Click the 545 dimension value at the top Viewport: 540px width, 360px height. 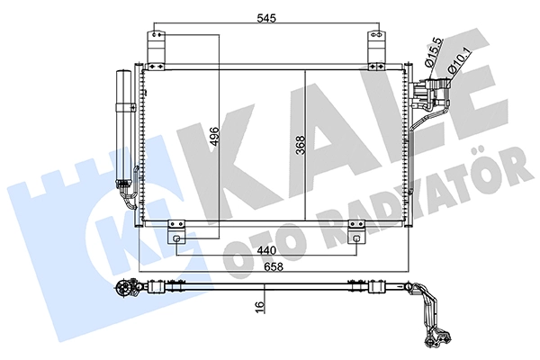pyautogui.click(x=266, y=18)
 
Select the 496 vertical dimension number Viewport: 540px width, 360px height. pyautogui.click(x=214, y=137)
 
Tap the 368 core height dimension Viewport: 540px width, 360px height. pyautogui.click(x=301, y=146)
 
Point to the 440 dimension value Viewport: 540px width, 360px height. pyautogui.click(x=266, y=250)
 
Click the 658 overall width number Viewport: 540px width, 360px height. pyautogui.click(x=274, y=266)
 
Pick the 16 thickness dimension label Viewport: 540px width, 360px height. pyautogui.click(x=260, y=304)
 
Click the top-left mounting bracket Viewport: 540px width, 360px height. pyautogui.click(x=156, y=50)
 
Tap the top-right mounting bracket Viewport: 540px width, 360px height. pyautogui.click(x=376, y=50)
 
